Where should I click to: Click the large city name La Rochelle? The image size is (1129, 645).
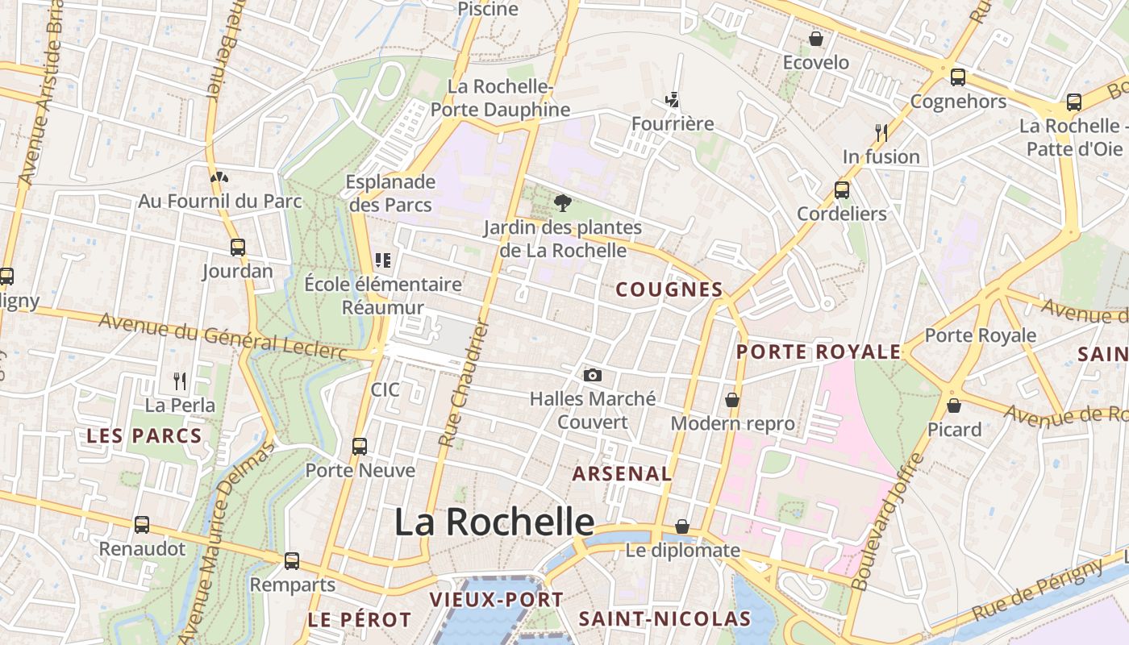[x=494, y=522]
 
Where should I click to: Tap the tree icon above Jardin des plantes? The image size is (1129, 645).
[x=563, y=202]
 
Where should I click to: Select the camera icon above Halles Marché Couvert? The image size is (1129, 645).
[x=593, y=375]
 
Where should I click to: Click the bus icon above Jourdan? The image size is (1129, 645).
[x=237, y=247]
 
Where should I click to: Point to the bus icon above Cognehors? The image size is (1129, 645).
[x=958, y=77]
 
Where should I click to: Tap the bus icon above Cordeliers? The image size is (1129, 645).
[x=842, y=189]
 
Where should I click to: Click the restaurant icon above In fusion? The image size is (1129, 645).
[x=881, y=132]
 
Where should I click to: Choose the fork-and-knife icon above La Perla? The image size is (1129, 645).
[x=180, y=381]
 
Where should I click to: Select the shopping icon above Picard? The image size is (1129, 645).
[x=954, y=405]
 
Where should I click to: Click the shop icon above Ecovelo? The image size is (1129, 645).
[x=816, y=39]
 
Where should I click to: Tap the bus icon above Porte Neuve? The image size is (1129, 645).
[x=360, y=446]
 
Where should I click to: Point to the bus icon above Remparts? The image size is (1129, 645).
[x=292, y=560]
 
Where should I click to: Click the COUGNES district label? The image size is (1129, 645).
[x=669, y=290]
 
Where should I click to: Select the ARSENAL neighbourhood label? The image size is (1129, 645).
[x=622, y=474]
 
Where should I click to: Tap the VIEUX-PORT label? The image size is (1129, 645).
[x=496, y=600]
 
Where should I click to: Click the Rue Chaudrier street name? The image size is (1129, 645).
[x=463, y=383]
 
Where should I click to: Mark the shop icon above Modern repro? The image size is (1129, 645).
[x=732, y=399]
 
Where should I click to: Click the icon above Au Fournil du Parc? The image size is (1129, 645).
[x=218, y=177]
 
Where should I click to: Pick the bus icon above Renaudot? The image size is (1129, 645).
[x=142, y=525]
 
